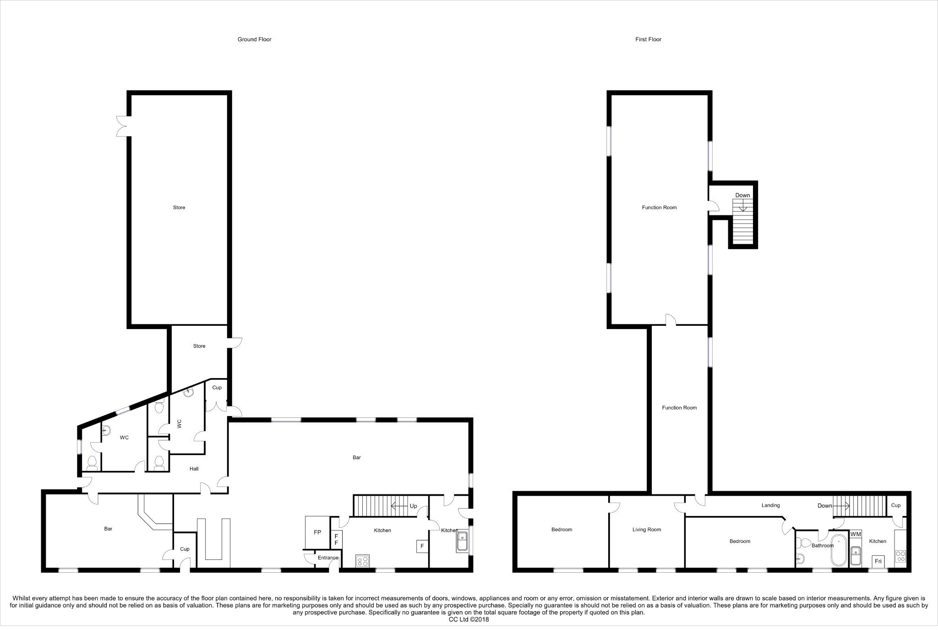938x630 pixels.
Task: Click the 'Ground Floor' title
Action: point(254,39)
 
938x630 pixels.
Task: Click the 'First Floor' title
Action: point(648,39)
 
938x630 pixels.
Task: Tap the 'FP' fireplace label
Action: point(317,532)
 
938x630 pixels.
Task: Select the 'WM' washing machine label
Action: point(856,534)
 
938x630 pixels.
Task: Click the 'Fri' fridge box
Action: point(878,561)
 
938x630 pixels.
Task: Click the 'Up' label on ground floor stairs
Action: point(413,506)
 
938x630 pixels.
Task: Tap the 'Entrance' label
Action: point(328,558)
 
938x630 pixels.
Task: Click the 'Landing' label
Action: point(770,505)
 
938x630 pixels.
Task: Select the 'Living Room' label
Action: point(646,530)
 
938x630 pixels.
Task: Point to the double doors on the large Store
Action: point(122,126)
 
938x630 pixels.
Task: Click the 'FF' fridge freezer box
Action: point(336,539)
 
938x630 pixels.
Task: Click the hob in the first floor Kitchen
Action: point(900,556)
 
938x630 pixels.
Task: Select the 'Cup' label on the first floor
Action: point(896,505)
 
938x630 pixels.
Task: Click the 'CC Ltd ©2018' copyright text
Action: point(469,619)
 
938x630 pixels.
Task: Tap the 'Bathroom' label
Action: point(822,546)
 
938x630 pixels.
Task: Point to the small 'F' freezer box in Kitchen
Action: point(422,546)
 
